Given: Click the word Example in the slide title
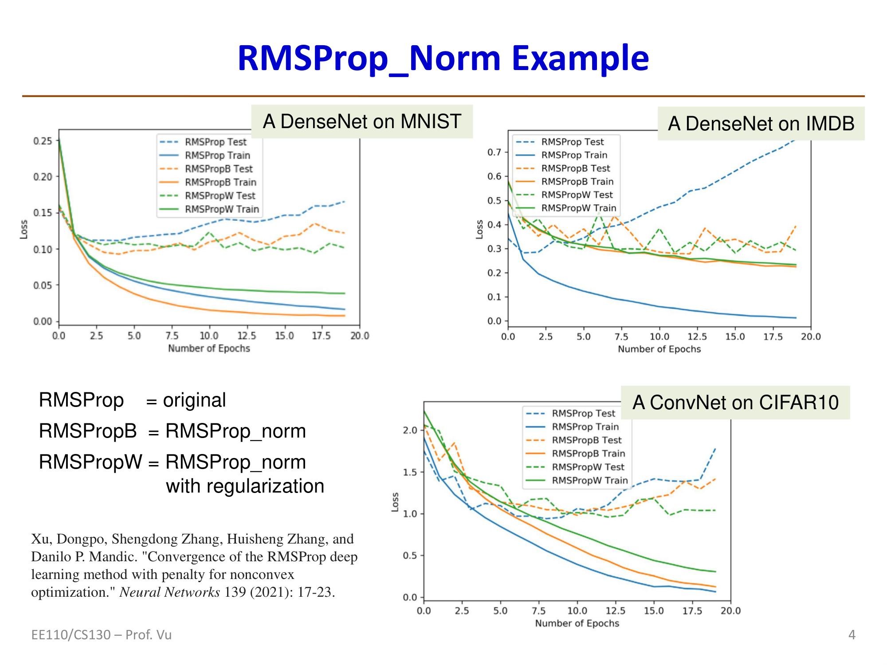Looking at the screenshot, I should point(580,59).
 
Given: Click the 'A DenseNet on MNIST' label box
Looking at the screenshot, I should point(362,121).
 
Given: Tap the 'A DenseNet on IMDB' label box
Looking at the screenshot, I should point(761,124).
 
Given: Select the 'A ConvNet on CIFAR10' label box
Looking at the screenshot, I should point(735,403).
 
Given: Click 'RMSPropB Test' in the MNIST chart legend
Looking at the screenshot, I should point(218,169).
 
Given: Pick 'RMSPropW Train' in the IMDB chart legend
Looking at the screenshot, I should point(578,208).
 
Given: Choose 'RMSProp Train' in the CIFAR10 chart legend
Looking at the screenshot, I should point(585,426).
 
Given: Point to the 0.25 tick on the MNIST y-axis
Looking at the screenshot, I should point(43,141).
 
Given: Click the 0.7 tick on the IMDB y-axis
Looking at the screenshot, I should point(494,153).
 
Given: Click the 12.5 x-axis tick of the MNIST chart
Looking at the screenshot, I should point(247,336).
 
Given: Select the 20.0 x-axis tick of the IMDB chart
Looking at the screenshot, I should point(811,336).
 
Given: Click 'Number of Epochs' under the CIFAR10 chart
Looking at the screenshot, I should point(577,623).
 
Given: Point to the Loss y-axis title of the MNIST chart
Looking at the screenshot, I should point(24,229).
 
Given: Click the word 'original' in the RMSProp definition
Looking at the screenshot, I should point(194,400).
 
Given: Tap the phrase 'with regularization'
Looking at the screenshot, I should point(245,486).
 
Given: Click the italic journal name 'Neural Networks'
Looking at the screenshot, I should point(170,592).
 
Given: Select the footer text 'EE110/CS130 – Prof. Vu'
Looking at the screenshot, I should point(101,635).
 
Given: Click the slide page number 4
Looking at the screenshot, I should point(852,635).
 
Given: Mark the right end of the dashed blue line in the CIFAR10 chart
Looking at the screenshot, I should point(715,449).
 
